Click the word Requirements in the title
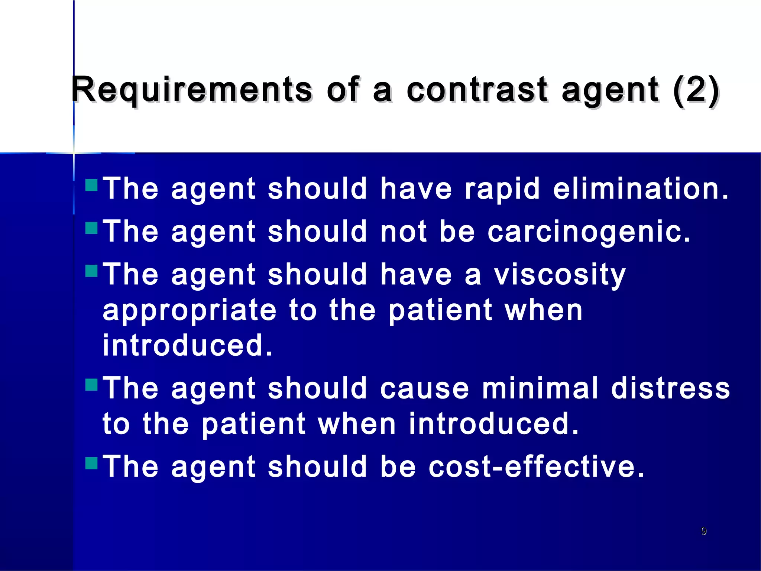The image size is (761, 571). pyautogui.click(x=192, y=90)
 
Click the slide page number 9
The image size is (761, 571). pyautogui.click(x=703, y=531)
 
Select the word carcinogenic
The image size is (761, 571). pyautogui.click(x=589, y=232)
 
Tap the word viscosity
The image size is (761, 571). pyautogui.click(x=560, y=275)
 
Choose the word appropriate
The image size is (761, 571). pyautogui.click(x=190, y=311)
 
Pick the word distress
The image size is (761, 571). pyautogui.click(x=670, y=388)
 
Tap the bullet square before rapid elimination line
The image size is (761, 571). pyautogui.click(x=91, y=185)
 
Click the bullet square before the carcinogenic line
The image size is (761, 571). pyautogui.click(x=91, y=228)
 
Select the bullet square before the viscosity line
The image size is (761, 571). pyautogui.click(x=91, y=271)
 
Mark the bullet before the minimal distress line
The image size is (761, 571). pyautogui.click(x=91, y=384)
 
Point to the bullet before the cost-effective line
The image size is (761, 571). pyautogui.click(x=91, y=463)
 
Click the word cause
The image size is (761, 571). pyautogui.click(x=424, y=388)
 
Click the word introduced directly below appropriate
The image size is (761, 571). pyautogui.click(x=187, y=345)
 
